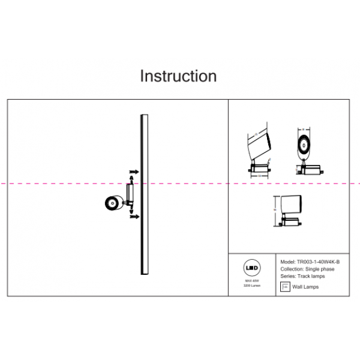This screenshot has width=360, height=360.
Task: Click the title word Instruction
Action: (178, 77)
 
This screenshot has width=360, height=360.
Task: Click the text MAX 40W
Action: (253, 281)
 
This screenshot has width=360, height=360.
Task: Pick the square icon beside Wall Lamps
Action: (285, 287)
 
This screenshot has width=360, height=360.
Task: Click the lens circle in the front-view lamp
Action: (305, 144)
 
